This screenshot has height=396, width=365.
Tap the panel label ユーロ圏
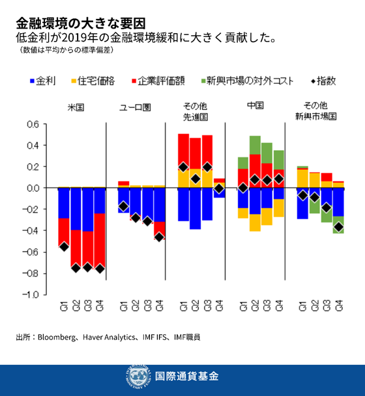(x=136, y=106)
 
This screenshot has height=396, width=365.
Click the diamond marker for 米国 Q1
(x=64, y=246)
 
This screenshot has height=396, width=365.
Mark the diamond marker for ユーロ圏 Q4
(x=160, y=237)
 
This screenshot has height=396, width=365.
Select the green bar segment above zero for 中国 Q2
(x=255, y=145)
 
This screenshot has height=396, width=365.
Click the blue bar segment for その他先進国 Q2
(x=195, y=208)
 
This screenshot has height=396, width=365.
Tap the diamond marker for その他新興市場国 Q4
(x=339, y=227)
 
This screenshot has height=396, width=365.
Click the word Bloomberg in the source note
(x=54, y=337)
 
